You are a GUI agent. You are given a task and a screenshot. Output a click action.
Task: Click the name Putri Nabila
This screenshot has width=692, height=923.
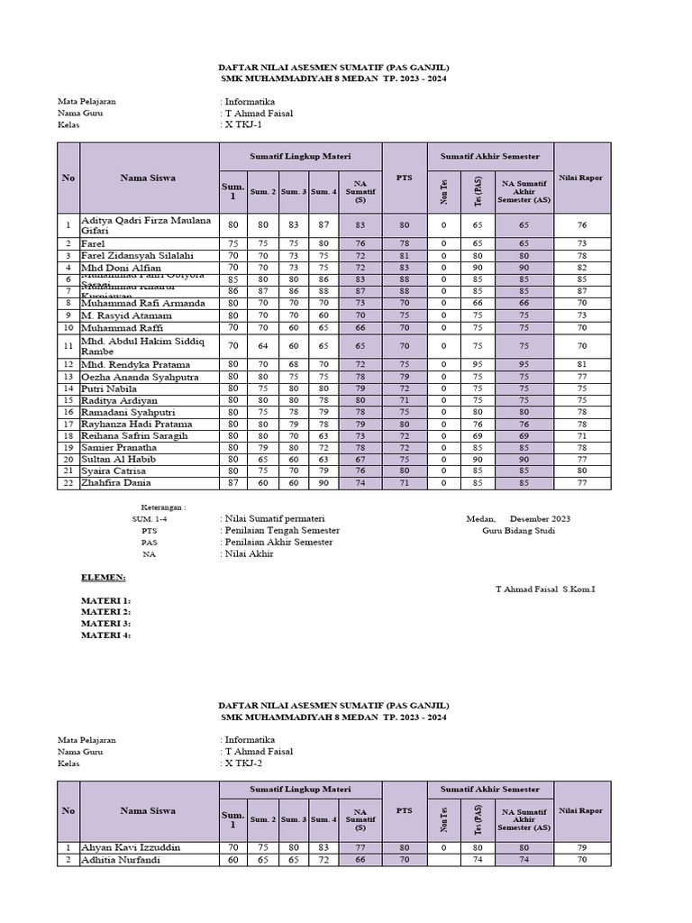(110, 388)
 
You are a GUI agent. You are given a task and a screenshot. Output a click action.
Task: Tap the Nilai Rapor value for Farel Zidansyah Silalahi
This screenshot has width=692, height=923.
(582, 256)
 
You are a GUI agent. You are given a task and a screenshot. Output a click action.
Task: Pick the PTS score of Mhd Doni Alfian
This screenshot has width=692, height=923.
(405, 268)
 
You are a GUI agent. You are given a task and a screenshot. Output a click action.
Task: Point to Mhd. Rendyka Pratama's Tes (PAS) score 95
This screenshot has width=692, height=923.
(478, 364)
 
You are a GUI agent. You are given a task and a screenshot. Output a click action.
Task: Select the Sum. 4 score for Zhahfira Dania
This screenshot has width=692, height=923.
(323, 482)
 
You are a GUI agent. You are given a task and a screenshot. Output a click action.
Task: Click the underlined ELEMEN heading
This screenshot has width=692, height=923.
(104, 577)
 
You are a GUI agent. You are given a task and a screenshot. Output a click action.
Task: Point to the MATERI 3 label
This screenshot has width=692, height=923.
(105, 624)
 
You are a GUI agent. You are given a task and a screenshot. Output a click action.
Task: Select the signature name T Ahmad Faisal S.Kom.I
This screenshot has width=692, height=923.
(546, 589)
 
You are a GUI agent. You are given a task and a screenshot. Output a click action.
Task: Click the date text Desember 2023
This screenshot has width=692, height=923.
(540, 519)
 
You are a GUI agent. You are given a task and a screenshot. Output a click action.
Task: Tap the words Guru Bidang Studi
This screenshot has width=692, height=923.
(519, 531)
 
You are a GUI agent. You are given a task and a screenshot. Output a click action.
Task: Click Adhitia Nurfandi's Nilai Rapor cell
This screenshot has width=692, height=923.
(582, 860)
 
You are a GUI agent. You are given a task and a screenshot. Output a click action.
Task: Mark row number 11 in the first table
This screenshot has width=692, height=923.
(68, 346)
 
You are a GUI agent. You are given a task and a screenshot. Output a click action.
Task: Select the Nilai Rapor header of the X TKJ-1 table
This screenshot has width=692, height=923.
(582, 178)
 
